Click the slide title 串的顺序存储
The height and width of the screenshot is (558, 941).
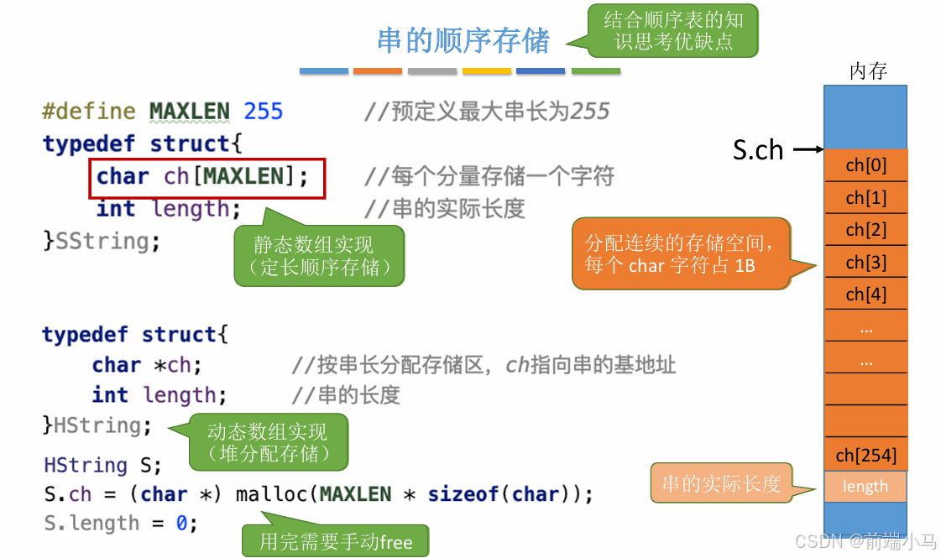click(x=463, y=40)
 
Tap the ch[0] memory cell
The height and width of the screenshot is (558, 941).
click(x=865, y=165)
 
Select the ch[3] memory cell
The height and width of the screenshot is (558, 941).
click(x=865, y=263)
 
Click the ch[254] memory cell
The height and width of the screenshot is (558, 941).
click(x=865, y=456)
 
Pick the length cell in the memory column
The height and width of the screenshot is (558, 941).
click(x=865, y=487)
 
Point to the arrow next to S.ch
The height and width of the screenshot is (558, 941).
click(x=808, y=150)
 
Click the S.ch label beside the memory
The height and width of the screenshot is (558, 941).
click(x=757, y=150)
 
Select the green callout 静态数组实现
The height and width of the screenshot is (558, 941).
click(x=319, y=256)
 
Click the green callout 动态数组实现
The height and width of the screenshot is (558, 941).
click(x=268, y=442)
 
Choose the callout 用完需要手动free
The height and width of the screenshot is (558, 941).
click(x=335, y=541)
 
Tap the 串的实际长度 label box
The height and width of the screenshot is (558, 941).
click(x=721, y=483)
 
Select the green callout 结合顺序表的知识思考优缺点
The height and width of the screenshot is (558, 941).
click(x=673, y=30)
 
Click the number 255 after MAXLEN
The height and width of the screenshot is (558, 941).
click(x=263, y=112)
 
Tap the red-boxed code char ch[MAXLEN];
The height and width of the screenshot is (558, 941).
click(x=206, y=176)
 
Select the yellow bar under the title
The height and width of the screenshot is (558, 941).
click(x=487, y=71)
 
